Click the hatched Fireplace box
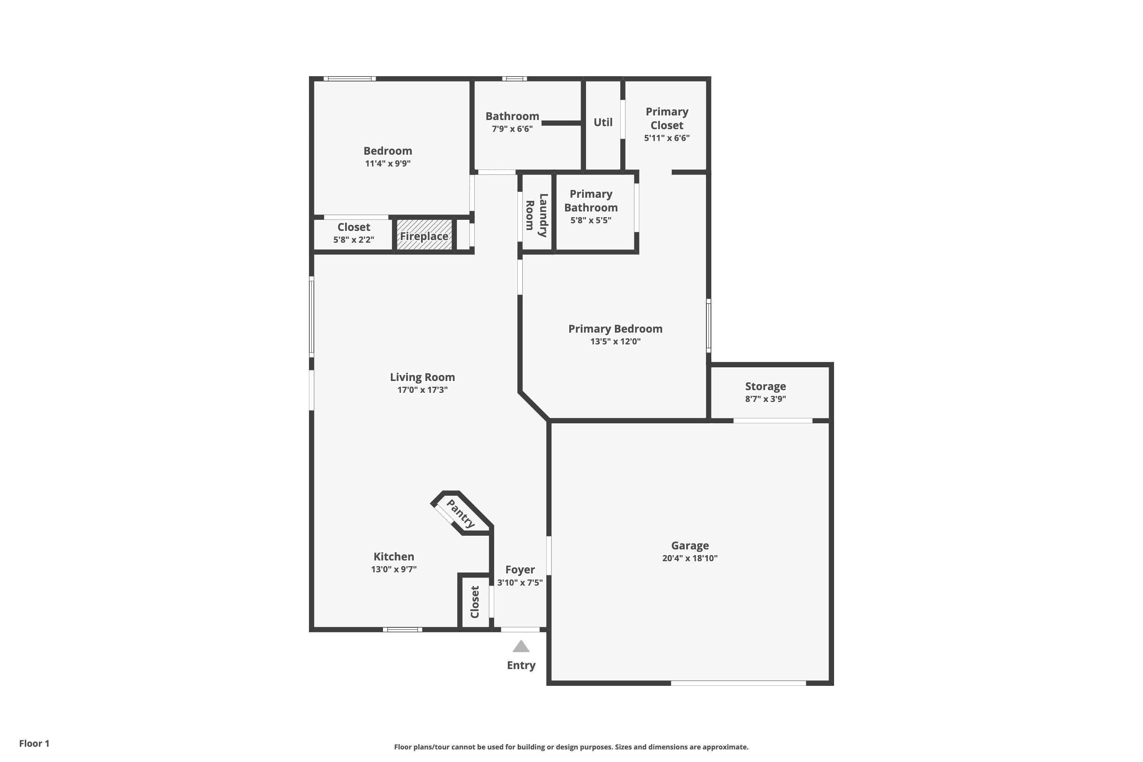point(424,235)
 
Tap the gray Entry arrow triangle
point(521,646)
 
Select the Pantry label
point(460,514)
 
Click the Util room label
point(603,122)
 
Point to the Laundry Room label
point(536,215)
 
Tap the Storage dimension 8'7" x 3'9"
point(765,399)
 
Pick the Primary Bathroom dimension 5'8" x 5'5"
point(591,220)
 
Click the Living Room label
point(422,377)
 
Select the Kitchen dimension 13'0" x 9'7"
point(394,569)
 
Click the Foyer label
point(520,570)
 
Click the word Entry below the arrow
point(521,665)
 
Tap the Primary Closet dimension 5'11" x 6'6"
point(667,138)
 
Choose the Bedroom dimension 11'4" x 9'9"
point(388,164)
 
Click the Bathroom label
point(512,116)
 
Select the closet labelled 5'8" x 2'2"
point(353,234)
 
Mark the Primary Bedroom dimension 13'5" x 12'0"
point(615,342)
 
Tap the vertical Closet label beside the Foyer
point(475,602)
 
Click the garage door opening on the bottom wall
point(738,683)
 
